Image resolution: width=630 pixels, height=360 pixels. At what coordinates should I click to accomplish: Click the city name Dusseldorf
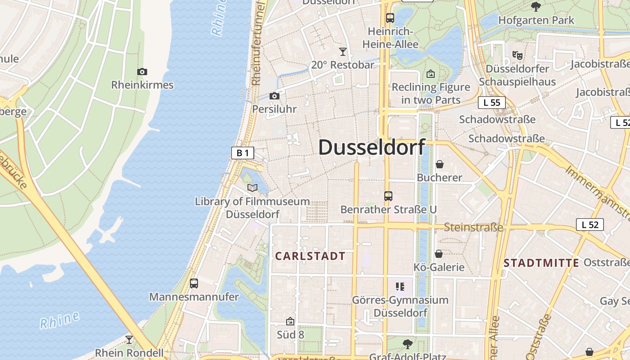(372, 148)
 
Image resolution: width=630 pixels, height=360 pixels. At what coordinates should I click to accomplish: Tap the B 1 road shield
(243, 153)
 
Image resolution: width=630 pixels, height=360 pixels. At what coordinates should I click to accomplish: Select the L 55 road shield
(492, 103)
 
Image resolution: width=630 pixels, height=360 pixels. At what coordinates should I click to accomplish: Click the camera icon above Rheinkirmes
(142, 72)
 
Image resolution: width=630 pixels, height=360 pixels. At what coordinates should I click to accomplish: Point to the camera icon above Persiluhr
(274, 96)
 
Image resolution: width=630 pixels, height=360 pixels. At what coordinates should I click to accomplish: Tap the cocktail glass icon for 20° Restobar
(343, 52)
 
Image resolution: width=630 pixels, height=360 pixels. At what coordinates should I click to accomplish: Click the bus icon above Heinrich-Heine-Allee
(390, 18)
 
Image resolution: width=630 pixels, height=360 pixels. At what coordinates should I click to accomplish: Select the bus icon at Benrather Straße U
(388, 196)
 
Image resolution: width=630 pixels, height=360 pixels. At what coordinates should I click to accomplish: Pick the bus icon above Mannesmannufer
(194, 283)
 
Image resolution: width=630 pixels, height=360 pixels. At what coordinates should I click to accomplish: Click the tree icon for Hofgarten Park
(535, 6)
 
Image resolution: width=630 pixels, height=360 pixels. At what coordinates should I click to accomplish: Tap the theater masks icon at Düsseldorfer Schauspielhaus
(517, 55)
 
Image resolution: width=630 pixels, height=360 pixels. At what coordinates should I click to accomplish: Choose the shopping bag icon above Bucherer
(440, 164)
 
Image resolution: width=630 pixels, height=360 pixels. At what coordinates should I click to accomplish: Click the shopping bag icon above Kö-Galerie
(439, 254)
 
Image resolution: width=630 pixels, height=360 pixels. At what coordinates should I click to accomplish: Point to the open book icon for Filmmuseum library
(252, 188)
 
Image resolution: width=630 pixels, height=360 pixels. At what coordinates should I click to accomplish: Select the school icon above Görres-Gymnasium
(400, 287)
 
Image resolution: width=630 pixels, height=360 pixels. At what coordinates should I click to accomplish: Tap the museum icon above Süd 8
(290, 321)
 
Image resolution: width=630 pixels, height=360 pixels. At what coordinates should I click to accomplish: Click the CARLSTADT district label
(310, 256)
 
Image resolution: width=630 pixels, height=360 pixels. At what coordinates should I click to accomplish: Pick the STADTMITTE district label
(541, 263)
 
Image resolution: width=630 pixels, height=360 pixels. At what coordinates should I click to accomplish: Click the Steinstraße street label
(473, 227)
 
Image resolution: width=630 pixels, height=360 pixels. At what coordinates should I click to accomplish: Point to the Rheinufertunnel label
(257, 43)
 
